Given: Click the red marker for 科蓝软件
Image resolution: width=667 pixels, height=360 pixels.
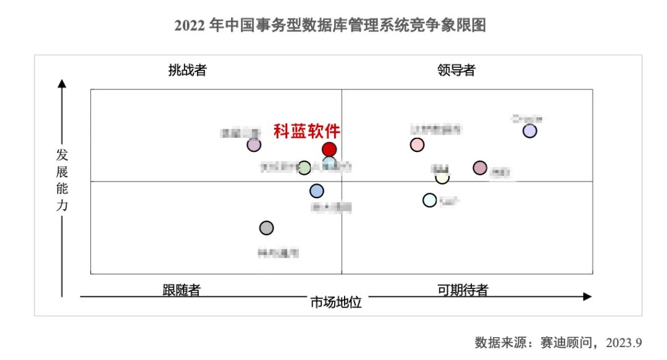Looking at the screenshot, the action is pos(329,149).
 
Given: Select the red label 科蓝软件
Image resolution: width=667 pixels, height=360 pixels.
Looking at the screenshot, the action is pos(307,132).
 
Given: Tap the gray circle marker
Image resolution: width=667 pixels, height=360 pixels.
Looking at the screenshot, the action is pos(266,228).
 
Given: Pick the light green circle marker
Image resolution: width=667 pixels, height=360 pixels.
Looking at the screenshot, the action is pos(304,167).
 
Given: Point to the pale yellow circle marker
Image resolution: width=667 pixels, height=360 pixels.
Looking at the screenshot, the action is pos(442,177).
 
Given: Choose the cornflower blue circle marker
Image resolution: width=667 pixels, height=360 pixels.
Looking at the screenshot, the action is pos(317,191).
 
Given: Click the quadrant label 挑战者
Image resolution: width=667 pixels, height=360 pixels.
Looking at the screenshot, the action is pos(187,70).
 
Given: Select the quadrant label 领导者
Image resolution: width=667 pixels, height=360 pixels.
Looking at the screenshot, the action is pos(456,70).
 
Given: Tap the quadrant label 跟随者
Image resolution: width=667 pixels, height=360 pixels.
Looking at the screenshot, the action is pos(182,290).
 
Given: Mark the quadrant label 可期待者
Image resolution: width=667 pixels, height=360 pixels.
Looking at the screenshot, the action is pos(463,290).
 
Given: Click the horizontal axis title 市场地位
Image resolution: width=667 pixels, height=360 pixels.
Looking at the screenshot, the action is pos(335,303).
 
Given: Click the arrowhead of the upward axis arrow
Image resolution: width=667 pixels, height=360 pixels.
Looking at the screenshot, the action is pos(62,83).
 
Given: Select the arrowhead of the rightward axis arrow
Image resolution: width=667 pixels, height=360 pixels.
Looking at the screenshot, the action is pos(587,297).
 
